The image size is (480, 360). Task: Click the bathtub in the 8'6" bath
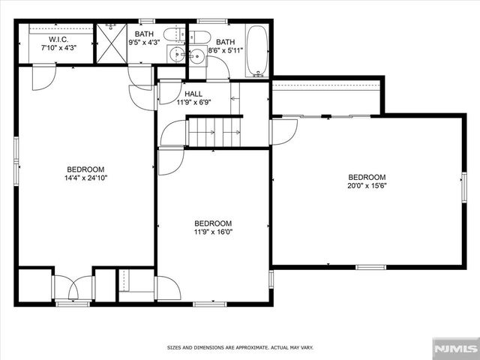(256, 51)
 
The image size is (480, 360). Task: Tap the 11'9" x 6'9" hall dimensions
(193, 102)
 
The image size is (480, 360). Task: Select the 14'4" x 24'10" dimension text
(85, 178)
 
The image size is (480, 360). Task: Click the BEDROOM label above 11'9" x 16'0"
(213, 223)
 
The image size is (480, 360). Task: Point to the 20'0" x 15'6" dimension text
(367, 185)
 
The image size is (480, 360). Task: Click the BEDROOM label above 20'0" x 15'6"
(367, 177)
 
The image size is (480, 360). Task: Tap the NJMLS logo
(455, 348)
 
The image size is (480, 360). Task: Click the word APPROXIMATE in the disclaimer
(240, 348)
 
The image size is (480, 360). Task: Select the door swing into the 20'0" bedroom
(283, 131)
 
